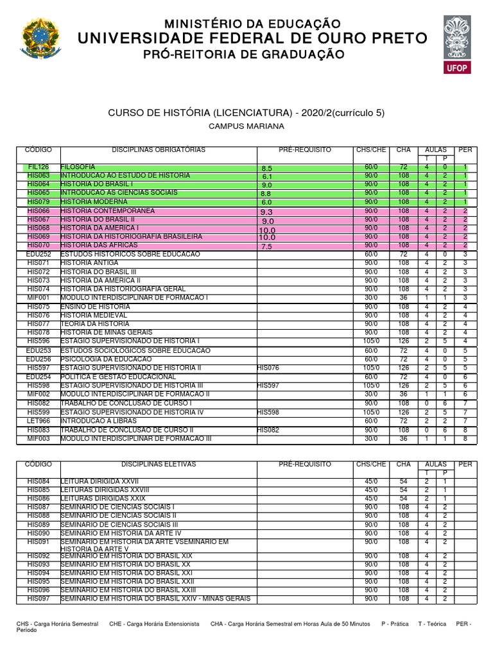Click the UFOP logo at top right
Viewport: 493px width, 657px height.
[x=454, y=44]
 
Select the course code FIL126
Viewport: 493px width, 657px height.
[x=39, y=167]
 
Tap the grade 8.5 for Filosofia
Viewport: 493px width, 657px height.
[x=268, y=168]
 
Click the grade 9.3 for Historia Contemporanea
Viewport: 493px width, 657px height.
[x=267, y=212]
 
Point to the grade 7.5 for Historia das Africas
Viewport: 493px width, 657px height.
[x=267, y=246]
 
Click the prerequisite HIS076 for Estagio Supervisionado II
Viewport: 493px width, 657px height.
[x=268, y=368]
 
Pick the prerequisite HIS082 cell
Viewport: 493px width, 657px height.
[x=268, y=430]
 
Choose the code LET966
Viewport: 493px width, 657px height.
[x=39, y=421]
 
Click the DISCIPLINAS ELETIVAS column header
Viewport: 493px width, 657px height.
[x=159, y=464]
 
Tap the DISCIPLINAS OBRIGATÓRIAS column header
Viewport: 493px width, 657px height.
[x=159, y=149]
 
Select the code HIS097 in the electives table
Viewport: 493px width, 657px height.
[x=39, y=599]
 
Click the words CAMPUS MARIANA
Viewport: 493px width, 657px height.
[x=246, y=126]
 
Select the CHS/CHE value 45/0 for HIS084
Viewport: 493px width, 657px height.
[x=371, y=481]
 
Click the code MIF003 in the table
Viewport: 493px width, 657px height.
[x=39, y=438]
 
